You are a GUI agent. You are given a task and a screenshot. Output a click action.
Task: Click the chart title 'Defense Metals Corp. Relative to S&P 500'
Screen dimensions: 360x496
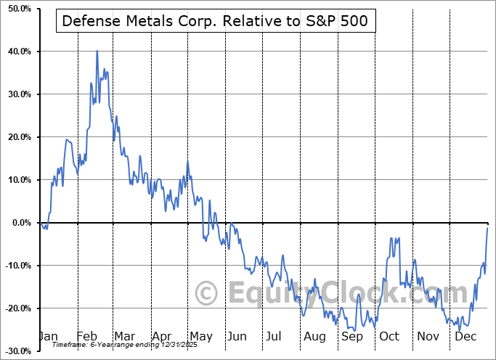click(x=216, y=21)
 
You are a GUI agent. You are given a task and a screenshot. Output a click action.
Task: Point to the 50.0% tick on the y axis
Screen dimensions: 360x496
click(x=15, y=9)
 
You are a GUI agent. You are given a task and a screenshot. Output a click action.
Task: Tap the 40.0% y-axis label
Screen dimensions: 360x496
click(x=15, y=52)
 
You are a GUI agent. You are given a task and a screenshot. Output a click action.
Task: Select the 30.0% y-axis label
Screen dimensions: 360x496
click(x=15, y=94)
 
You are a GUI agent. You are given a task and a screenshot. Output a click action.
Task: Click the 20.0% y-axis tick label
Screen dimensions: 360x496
click(x=15, y=137)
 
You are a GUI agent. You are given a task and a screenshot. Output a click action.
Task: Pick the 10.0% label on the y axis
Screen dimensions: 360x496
click(x=15, y=180)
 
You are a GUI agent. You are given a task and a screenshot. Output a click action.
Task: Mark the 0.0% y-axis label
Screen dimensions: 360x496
click(x=17, y=223)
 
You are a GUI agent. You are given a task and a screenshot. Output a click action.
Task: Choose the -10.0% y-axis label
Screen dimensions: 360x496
click(x=15, y=266)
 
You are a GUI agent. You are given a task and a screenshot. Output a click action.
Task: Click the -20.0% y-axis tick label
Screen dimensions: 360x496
click(x=15, y=308)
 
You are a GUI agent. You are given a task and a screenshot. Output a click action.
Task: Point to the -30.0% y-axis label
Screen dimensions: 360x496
click(x=15, y=351)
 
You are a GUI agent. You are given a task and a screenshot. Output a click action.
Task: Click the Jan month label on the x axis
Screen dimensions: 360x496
click(x=47, y=337)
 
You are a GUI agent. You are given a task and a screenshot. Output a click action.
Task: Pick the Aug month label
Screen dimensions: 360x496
click(x=315, y=337)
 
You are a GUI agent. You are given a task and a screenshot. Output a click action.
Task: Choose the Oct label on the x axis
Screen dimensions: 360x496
click(x=390, y=337)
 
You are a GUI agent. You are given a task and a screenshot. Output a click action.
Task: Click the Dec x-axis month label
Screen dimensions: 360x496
click(x=466, y=337)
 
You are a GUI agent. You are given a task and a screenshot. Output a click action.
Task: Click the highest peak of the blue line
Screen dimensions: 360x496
click(x=97, y=51)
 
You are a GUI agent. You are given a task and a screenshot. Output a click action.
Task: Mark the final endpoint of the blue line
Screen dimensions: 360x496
click(x=487, y=228)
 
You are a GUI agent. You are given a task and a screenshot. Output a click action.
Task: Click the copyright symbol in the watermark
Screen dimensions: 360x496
click(x=208, y=293)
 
